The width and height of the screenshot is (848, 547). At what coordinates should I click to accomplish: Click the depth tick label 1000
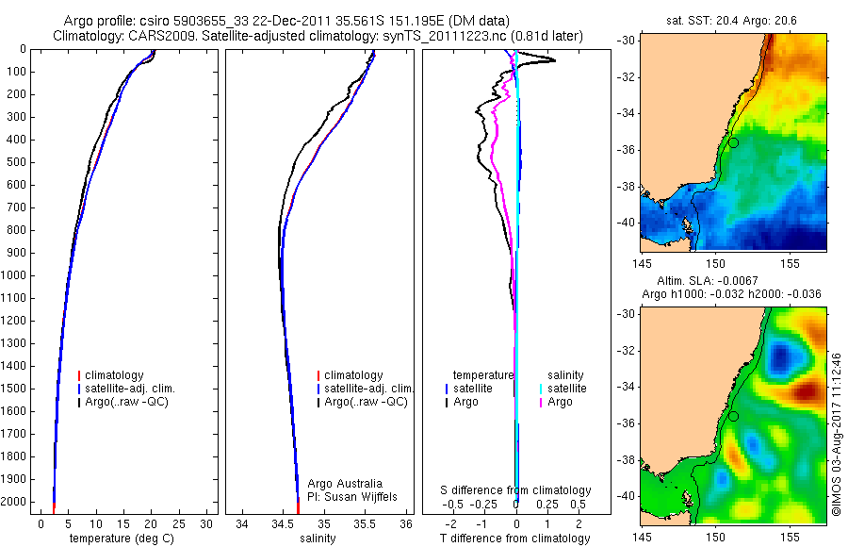pyautogui.click(x=16, y=275)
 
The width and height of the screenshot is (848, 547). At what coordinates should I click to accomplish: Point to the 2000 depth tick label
pyautogui.click(x=16, y=502)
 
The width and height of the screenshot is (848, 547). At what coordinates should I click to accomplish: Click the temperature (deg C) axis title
pyautogui.click(x=122, y=539)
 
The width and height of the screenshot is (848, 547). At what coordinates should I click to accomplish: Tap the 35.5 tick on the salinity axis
pyautogui.click(x=366, y=523)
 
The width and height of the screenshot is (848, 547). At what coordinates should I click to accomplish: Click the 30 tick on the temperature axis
pyautogui.click(x=207, y=523)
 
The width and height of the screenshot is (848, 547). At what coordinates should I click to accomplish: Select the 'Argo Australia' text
pyautogui.click(x=346, y=483)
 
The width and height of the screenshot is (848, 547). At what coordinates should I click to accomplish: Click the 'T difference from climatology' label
pyautogui.click(x=515, y=539)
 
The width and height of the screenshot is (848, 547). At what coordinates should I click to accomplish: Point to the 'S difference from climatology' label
pyautogui.click(x=516, y=490)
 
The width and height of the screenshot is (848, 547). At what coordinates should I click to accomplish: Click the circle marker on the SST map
pyautogui.click(x=733, y=142)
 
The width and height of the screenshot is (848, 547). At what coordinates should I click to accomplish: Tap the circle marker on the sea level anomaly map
pyautogui.click(x=733, y=416)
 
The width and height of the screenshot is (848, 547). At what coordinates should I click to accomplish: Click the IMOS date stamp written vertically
pyautogui.click(x=836, y=434)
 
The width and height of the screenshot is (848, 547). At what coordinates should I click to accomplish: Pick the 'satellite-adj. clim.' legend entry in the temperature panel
pyautogui.click(x=130, y=389)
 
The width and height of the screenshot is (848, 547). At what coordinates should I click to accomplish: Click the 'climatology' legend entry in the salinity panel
pyautogui.click(x=353, y=375)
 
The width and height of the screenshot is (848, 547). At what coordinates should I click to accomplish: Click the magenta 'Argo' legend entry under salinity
pyautogui.click(x=560, y=402)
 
